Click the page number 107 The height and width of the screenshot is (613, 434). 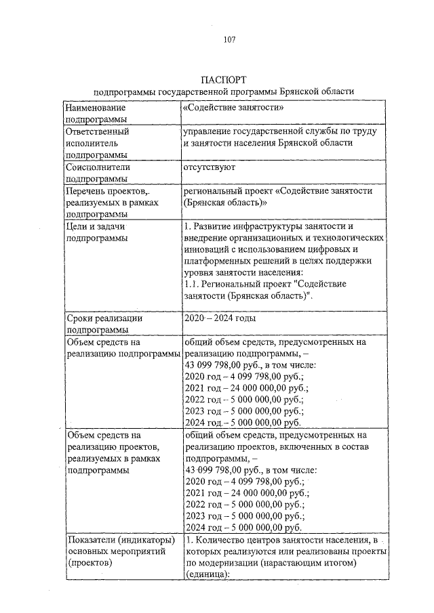coord(229,39)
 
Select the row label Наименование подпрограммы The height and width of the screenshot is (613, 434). coord(94,113)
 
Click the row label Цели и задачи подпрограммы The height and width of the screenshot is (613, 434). coord(98,232)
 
